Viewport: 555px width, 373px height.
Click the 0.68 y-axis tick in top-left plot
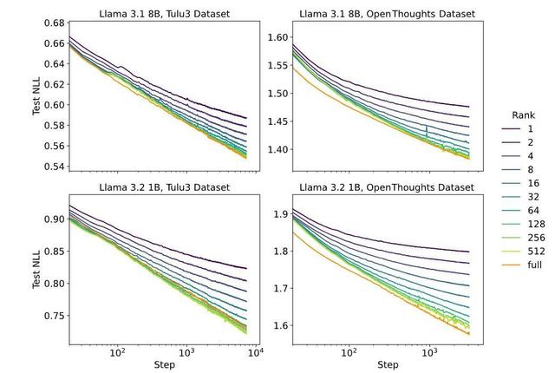tap(54, 23)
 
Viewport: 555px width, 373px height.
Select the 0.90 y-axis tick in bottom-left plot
tap(54, 219)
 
